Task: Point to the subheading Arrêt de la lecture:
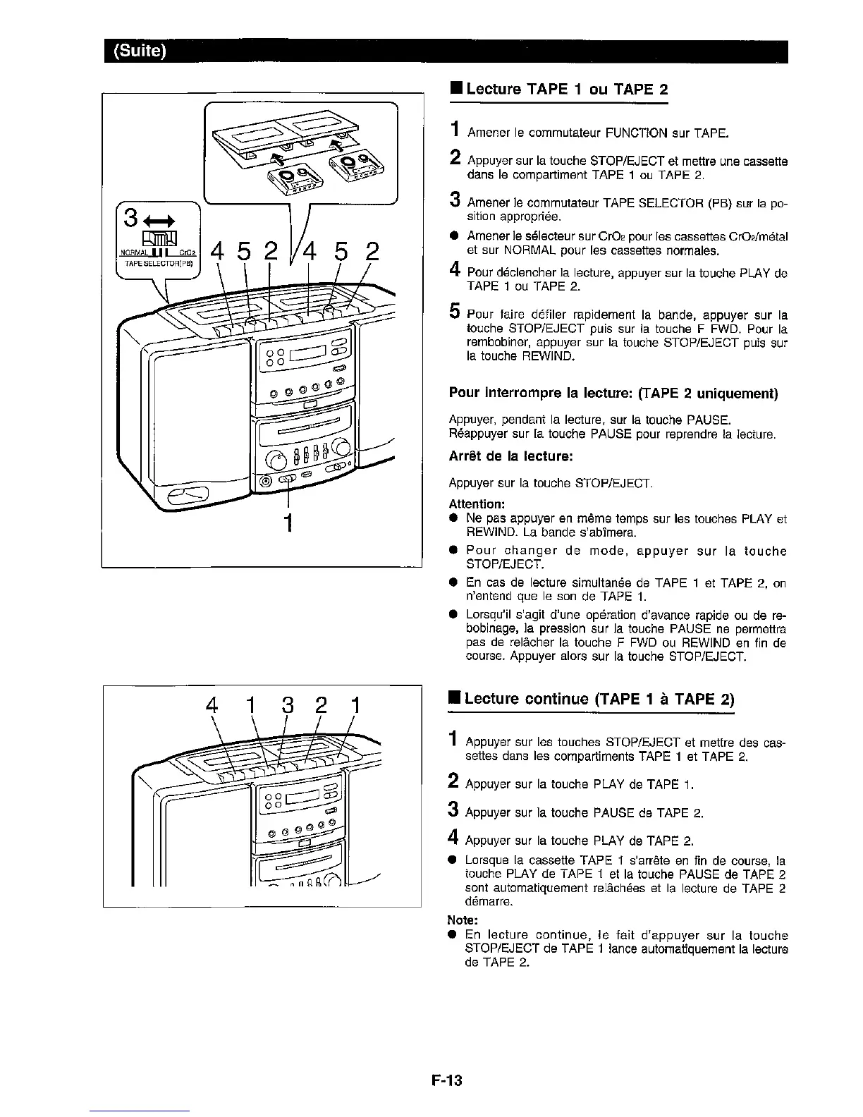pos(512,456)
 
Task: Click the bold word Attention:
pos(477,504)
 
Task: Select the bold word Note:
pos(463,920)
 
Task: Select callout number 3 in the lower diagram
pos(288,706)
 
